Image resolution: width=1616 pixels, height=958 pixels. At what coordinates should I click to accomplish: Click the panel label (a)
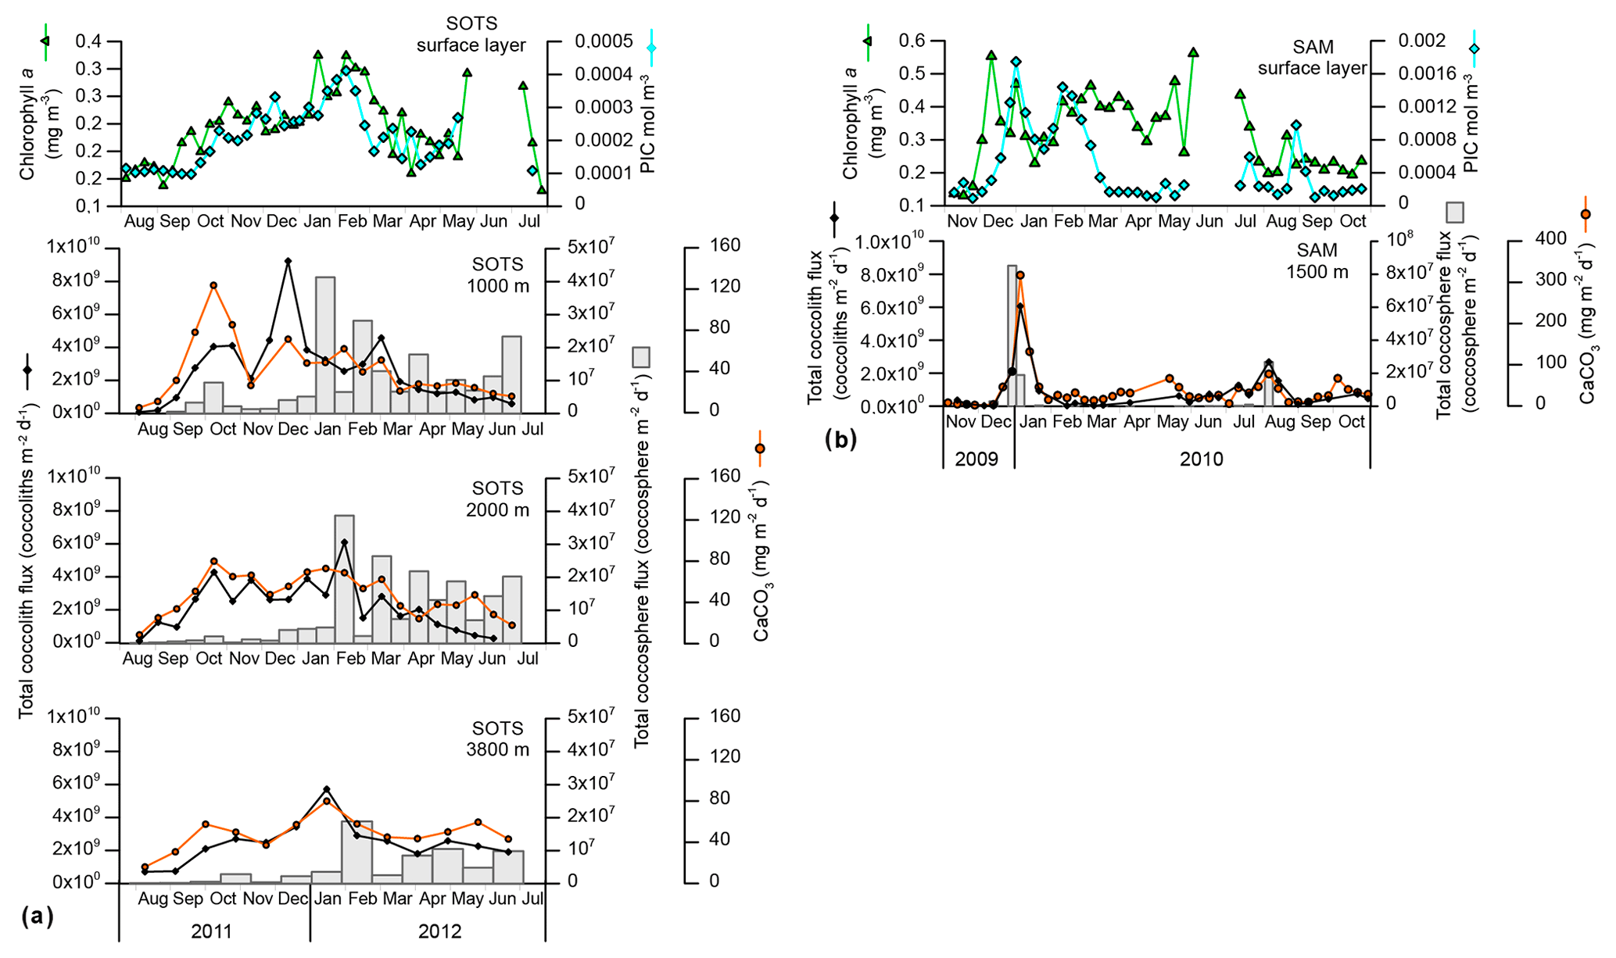37,915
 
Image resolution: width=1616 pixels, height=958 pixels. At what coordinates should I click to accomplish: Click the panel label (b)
840,439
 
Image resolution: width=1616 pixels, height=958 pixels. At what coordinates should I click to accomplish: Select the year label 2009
976,459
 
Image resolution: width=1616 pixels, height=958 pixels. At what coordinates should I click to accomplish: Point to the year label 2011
211,931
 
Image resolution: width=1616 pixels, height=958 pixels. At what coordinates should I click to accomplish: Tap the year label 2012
439,931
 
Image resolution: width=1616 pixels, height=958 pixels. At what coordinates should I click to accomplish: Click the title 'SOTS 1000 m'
497,275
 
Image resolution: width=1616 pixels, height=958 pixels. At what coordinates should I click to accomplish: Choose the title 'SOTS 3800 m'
497,738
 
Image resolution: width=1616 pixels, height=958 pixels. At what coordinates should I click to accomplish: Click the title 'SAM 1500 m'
1317,261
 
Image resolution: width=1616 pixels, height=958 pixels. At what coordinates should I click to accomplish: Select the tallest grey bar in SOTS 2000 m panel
344,578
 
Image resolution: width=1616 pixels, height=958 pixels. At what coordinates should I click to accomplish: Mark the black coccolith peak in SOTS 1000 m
288,261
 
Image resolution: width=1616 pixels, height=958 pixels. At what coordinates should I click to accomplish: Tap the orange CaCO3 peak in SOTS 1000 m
213,286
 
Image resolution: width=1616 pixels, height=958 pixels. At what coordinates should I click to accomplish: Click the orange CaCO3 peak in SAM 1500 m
1020,275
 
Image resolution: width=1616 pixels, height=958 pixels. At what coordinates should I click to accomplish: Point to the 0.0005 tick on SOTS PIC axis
604,41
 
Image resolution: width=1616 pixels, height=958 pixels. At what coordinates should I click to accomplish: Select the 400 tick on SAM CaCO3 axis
1551,238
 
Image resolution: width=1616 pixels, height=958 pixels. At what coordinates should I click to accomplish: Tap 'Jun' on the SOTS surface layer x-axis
493,221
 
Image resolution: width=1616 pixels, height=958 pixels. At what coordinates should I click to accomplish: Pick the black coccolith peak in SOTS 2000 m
344,542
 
